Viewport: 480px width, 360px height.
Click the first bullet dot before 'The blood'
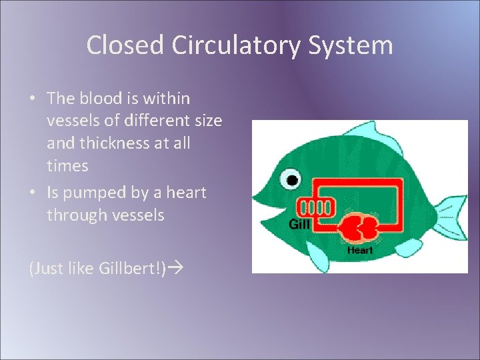(x=33, y=99)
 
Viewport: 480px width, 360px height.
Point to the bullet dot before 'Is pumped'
(x=33, y=193)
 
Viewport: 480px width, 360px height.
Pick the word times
(x=67, y=166)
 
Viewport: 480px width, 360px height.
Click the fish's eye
(x=291, y=179)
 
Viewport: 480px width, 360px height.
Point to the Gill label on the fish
(x=299, y=224)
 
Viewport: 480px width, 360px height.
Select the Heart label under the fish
(x=360, y=251)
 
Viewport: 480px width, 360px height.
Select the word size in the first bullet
(x=205, y=121)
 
